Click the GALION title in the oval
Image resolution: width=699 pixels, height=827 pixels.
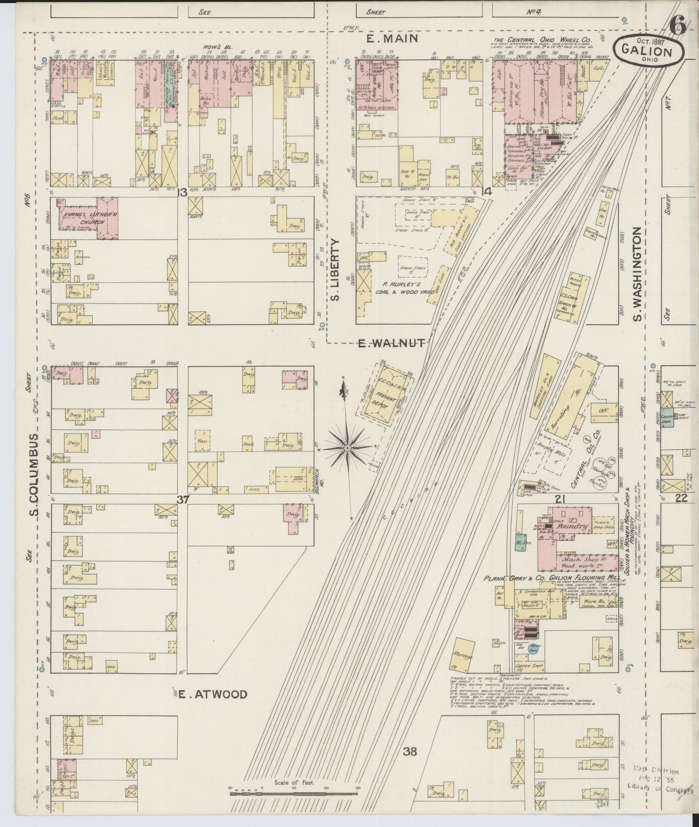click(x=648, y=50)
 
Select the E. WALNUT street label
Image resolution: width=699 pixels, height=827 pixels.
click(x=391, y=343)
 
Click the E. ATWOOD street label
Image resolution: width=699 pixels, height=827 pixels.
click(x=212, y=694)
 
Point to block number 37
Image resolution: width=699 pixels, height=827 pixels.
click(x=182, y=501)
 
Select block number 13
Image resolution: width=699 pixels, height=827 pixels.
click(x=182, y=193)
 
